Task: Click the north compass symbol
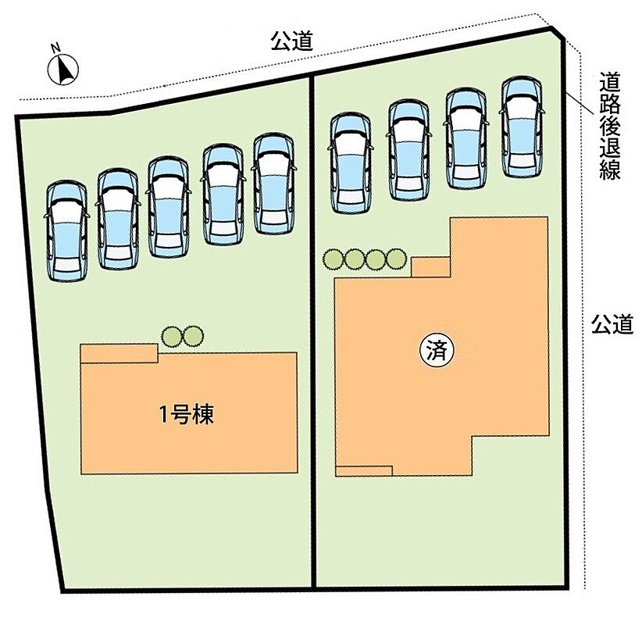click(63, 70)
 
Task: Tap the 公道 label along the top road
click(292, 41)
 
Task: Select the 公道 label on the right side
click(612, 324)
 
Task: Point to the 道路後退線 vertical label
click(611, 126)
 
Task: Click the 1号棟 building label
click(187, 415)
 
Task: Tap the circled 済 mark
click(437, 351)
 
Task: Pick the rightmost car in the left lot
click(274, 184)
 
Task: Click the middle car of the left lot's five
click(168, 207)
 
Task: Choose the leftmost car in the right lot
click(350, 163)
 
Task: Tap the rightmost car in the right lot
click(522, 127)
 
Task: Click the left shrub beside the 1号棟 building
click(172, 336)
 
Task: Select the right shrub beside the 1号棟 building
click(193, 336)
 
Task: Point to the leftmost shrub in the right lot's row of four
click(333, 259)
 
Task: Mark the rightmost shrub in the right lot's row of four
click(396, 259)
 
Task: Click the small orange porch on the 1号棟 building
click(119, 353)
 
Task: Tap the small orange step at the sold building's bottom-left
click(364, 471)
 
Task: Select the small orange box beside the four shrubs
click(430, 267)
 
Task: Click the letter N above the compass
click(55, 48)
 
